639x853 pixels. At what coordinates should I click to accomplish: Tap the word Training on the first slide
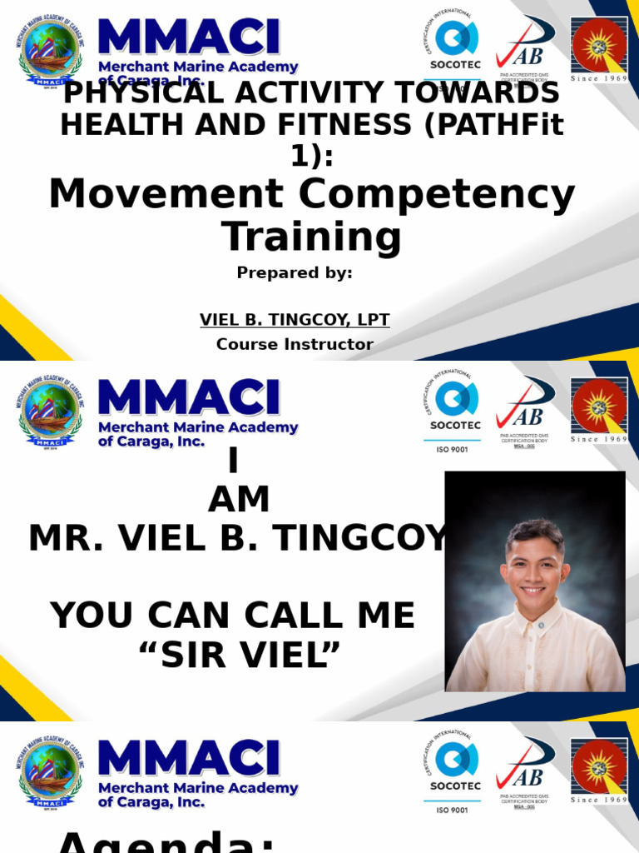pos(312,237)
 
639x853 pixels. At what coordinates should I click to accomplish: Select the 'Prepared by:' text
pos(295,273)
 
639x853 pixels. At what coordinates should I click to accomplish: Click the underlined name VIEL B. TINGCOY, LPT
pos(295,320)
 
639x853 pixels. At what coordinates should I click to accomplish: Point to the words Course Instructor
pos(295,344)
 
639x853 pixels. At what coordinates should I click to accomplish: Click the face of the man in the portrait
pos(535,573)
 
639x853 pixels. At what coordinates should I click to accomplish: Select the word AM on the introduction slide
pos(239,500)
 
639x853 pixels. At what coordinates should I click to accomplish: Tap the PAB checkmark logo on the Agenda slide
pos(524,766)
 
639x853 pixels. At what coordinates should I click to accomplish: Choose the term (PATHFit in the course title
pos(488,125)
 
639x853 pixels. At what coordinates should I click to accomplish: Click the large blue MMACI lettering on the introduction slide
pos(189,397)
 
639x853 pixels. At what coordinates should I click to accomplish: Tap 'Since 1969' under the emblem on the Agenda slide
pos(598,800)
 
